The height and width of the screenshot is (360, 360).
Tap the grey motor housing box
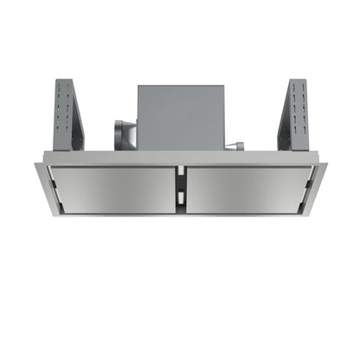coord(180,117)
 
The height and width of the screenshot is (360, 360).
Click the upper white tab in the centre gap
coord(181,172)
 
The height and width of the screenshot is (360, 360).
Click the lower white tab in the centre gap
coord(181,198)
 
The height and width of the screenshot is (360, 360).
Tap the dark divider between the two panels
coord(181,185)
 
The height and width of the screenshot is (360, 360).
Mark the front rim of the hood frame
coord(180,213)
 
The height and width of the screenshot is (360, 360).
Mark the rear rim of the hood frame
coord(180,162)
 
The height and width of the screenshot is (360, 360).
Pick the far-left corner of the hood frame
coord(37,162)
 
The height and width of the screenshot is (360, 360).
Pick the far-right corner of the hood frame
coord(324,162)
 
